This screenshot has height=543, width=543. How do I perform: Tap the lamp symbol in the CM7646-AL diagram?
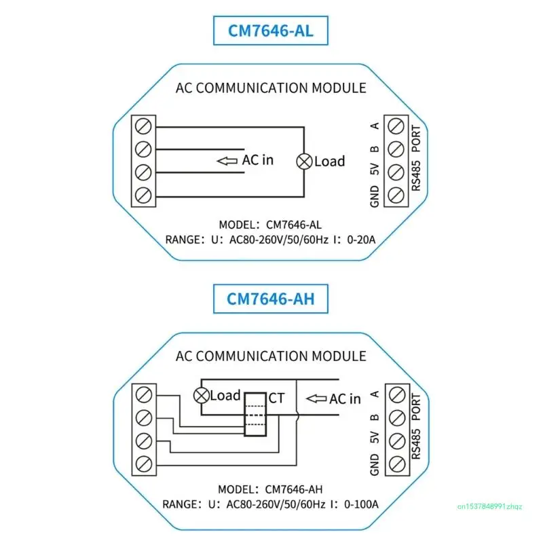(x=305, y=161)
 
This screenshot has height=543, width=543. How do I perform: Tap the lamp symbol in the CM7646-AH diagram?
(x=201, y=395)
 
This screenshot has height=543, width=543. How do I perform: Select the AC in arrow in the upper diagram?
(x=225, y=161)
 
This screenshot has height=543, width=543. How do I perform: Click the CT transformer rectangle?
(x=255, y=414)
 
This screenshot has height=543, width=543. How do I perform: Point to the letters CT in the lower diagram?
(x=277, y=398)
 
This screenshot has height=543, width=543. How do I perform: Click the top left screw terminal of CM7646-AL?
(x=143, y=126)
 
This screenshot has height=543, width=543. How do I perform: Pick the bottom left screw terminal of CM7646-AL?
(x=143, y=195)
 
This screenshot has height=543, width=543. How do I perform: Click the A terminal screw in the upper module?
(x=396, y=126)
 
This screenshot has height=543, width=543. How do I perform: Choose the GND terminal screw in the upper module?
(x=396, y=195)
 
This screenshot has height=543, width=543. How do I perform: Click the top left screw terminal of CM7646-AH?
(x=143, y=394)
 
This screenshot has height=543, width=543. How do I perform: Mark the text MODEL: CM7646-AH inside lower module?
(x=270, y=489)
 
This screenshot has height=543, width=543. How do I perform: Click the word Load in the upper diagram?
(x=329, y=162)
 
